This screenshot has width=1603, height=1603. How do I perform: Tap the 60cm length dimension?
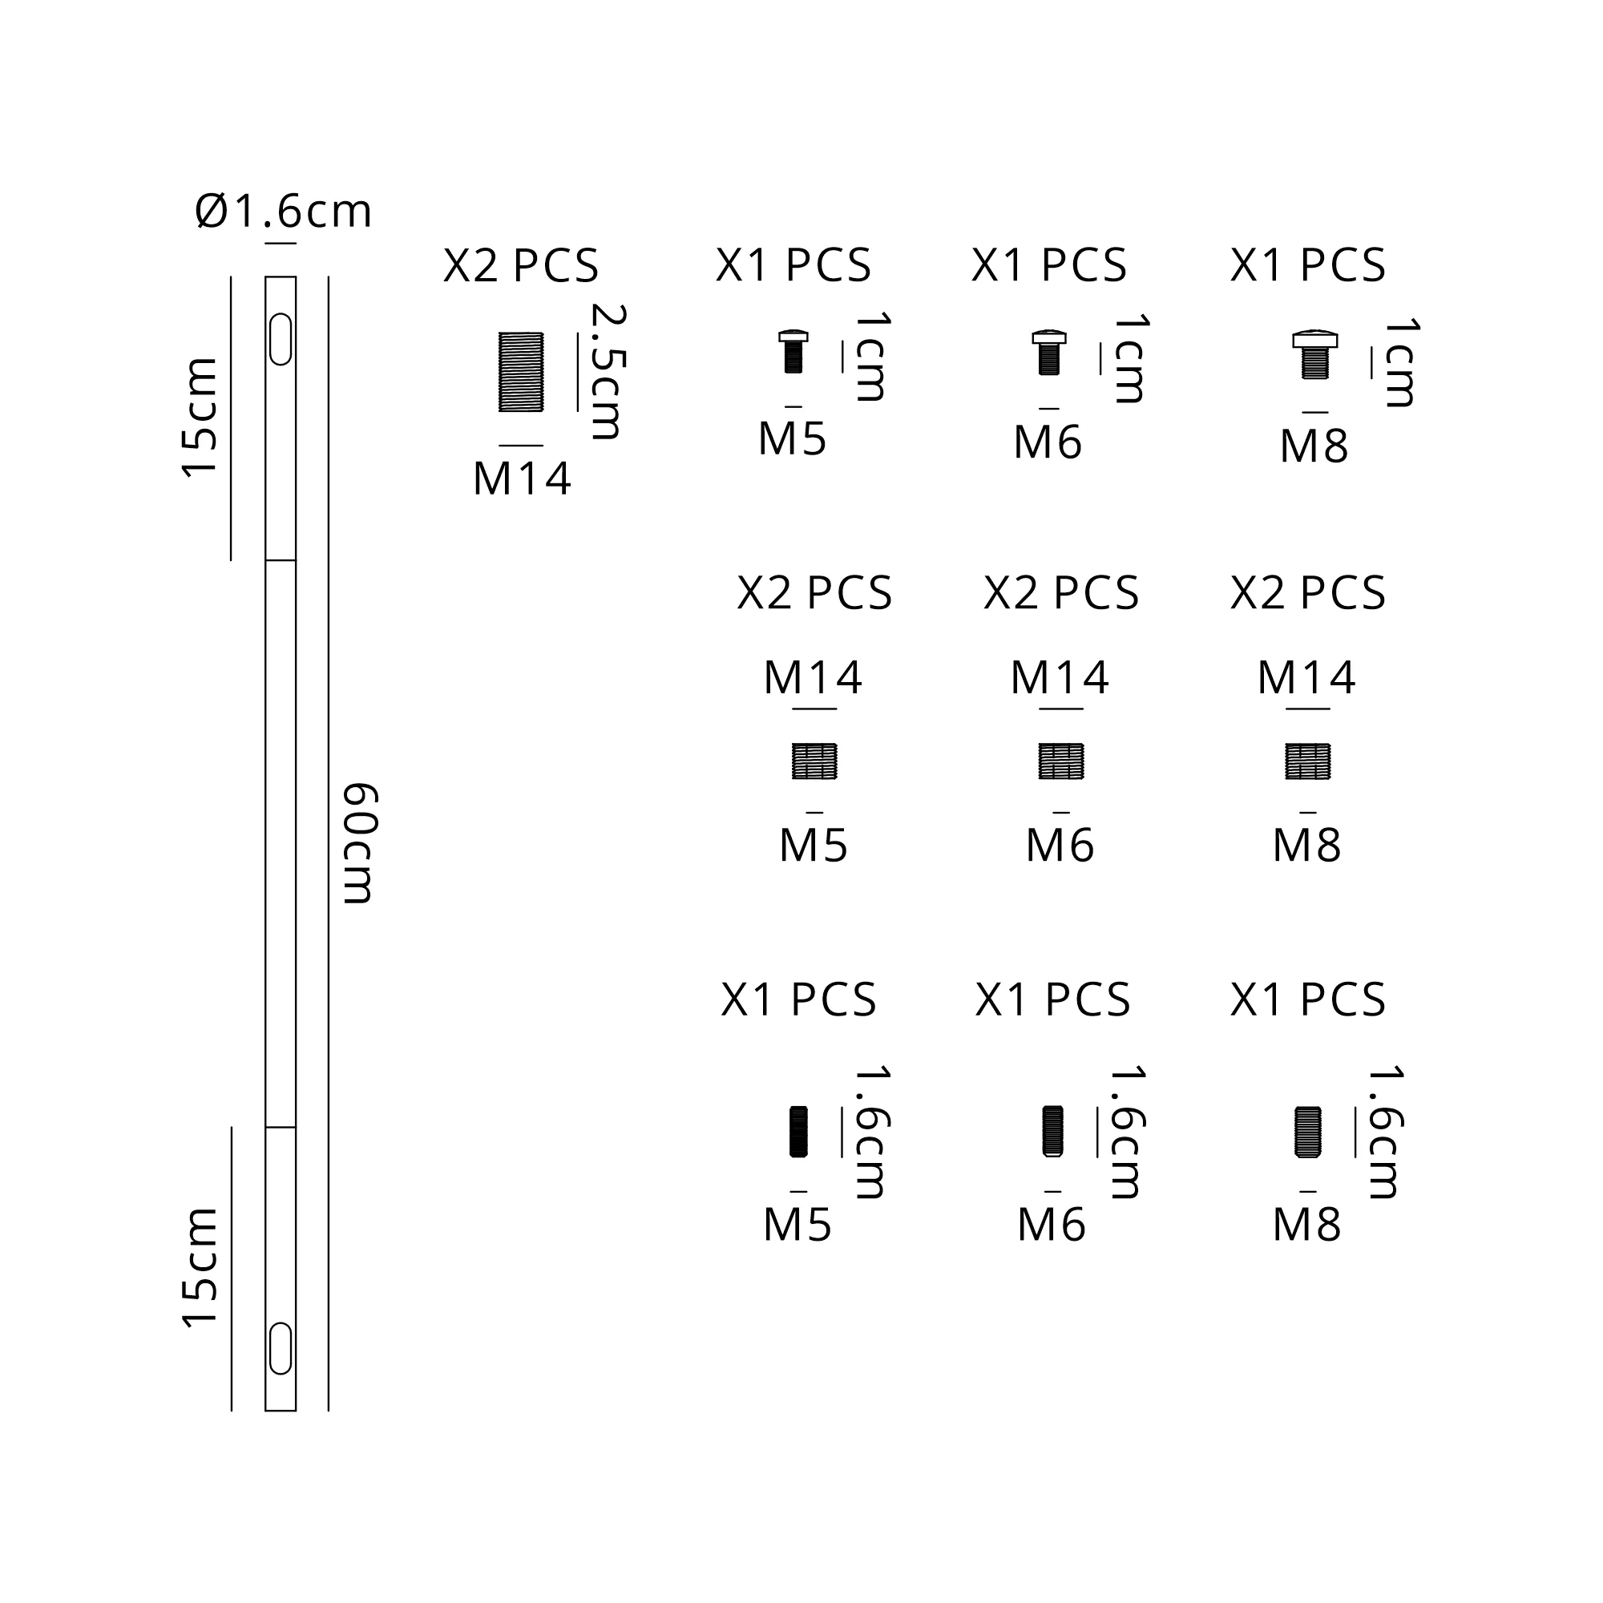point(360,842)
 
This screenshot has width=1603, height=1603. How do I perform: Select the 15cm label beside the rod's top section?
point(199,418)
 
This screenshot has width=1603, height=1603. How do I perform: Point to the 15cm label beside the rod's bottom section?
point(199,1269)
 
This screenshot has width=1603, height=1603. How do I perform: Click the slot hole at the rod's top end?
point(281,339)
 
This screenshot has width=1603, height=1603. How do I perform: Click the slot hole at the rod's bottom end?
point(281,1349)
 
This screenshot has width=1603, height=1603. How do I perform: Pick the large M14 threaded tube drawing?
point(521,373)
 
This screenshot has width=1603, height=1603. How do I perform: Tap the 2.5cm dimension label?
point(608,372)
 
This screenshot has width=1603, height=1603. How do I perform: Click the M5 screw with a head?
point(793,352)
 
